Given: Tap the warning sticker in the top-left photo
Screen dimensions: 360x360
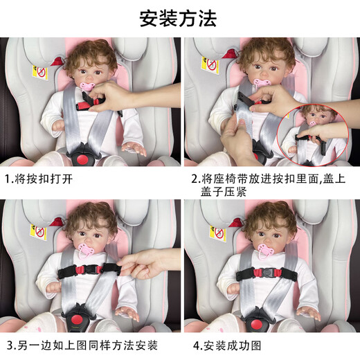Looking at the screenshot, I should pos(40,71).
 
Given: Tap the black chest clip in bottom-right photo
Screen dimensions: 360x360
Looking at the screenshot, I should pos(267,273).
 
